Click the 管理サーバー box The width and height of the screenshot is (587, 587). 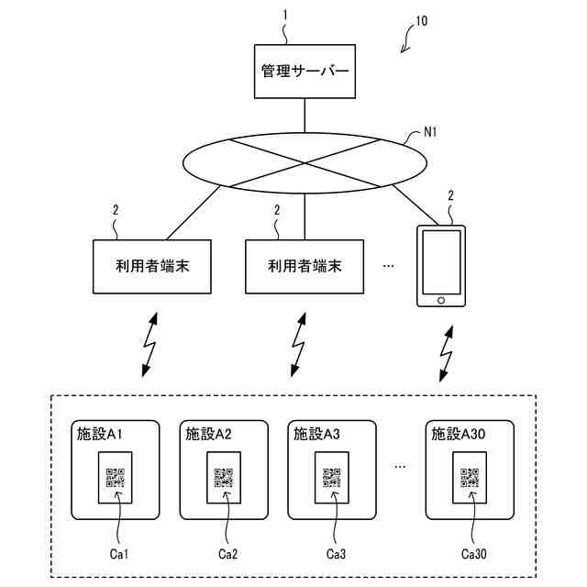point(305,72)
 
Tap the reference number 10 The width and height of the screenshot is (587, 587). point(422,21)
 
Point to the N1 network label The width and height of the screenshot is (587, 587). point(430,132)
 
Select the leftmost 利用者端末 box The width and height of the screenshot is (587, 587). point(152,267)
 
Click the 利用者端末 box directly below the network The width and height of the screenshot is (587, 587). point(305,267)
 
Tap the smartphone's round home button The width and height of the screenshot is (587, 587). point(441,300)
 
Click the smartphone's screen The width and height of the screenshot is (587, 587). point(441,262)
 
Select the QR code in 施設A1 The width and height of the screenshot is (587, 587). point(116,478)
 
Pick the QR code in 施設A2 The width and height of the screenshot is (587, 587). point(224,478)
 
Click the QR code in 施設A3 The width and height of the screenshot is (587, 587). point(332,478)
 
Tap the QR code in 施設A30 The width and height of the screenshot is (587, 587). point(470,478)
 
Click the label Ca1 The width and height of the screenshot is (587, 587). point(119,554)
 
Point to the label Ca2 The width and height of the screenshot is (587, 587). point(227,554)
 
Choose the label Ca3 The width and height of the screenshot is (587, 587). point(336,554)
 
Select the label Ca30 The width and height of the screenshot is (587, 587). point(473,554)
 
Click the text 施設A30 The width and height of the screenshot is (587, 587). point(459,434)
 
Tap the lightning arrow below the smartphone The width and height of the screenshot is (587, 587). point(446,354)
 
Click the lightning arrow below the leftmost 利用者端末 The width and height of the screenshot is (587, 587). point(150,345)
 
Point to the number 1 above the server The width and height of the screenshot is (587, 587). point(285,15)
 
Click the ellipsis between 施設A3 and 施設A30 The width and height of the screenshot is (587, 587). point(400,467)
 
